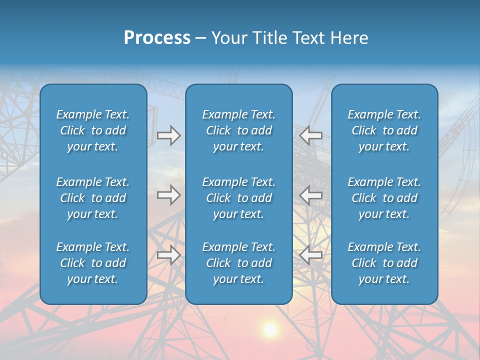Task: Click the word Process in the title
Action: [x=157, y=38]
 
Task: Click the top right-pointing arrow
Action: [x=169, y=135]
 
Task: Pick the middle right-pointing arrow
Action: [x=169, y=195]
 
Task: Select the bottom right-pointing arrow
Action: [x=169, y=255]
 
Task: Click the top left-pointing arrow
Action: [x=311, y=135]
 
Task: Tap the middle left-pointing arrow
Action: [x=311, y=195]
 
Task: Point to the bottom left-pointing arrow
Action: [x=311, y=255]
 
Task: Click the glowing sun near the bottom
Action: [x=270, y=329]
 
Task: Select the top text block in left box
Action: [x=93, y=130]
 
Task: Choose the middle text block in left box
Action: [x=93, y=198]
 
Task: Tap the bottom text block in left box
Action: [x=93, y=263]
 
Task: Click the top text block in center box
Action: [x=239, y=130]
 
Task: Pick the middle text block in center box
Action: [x=239, y=198]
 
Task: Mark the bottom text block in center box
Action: [x=239, y=263]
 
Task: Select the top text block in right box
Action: [x=384, y=130]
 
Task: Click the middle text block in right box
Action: [x=384, y=198]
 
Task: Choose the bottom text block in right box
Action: [x=384, y=263]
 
